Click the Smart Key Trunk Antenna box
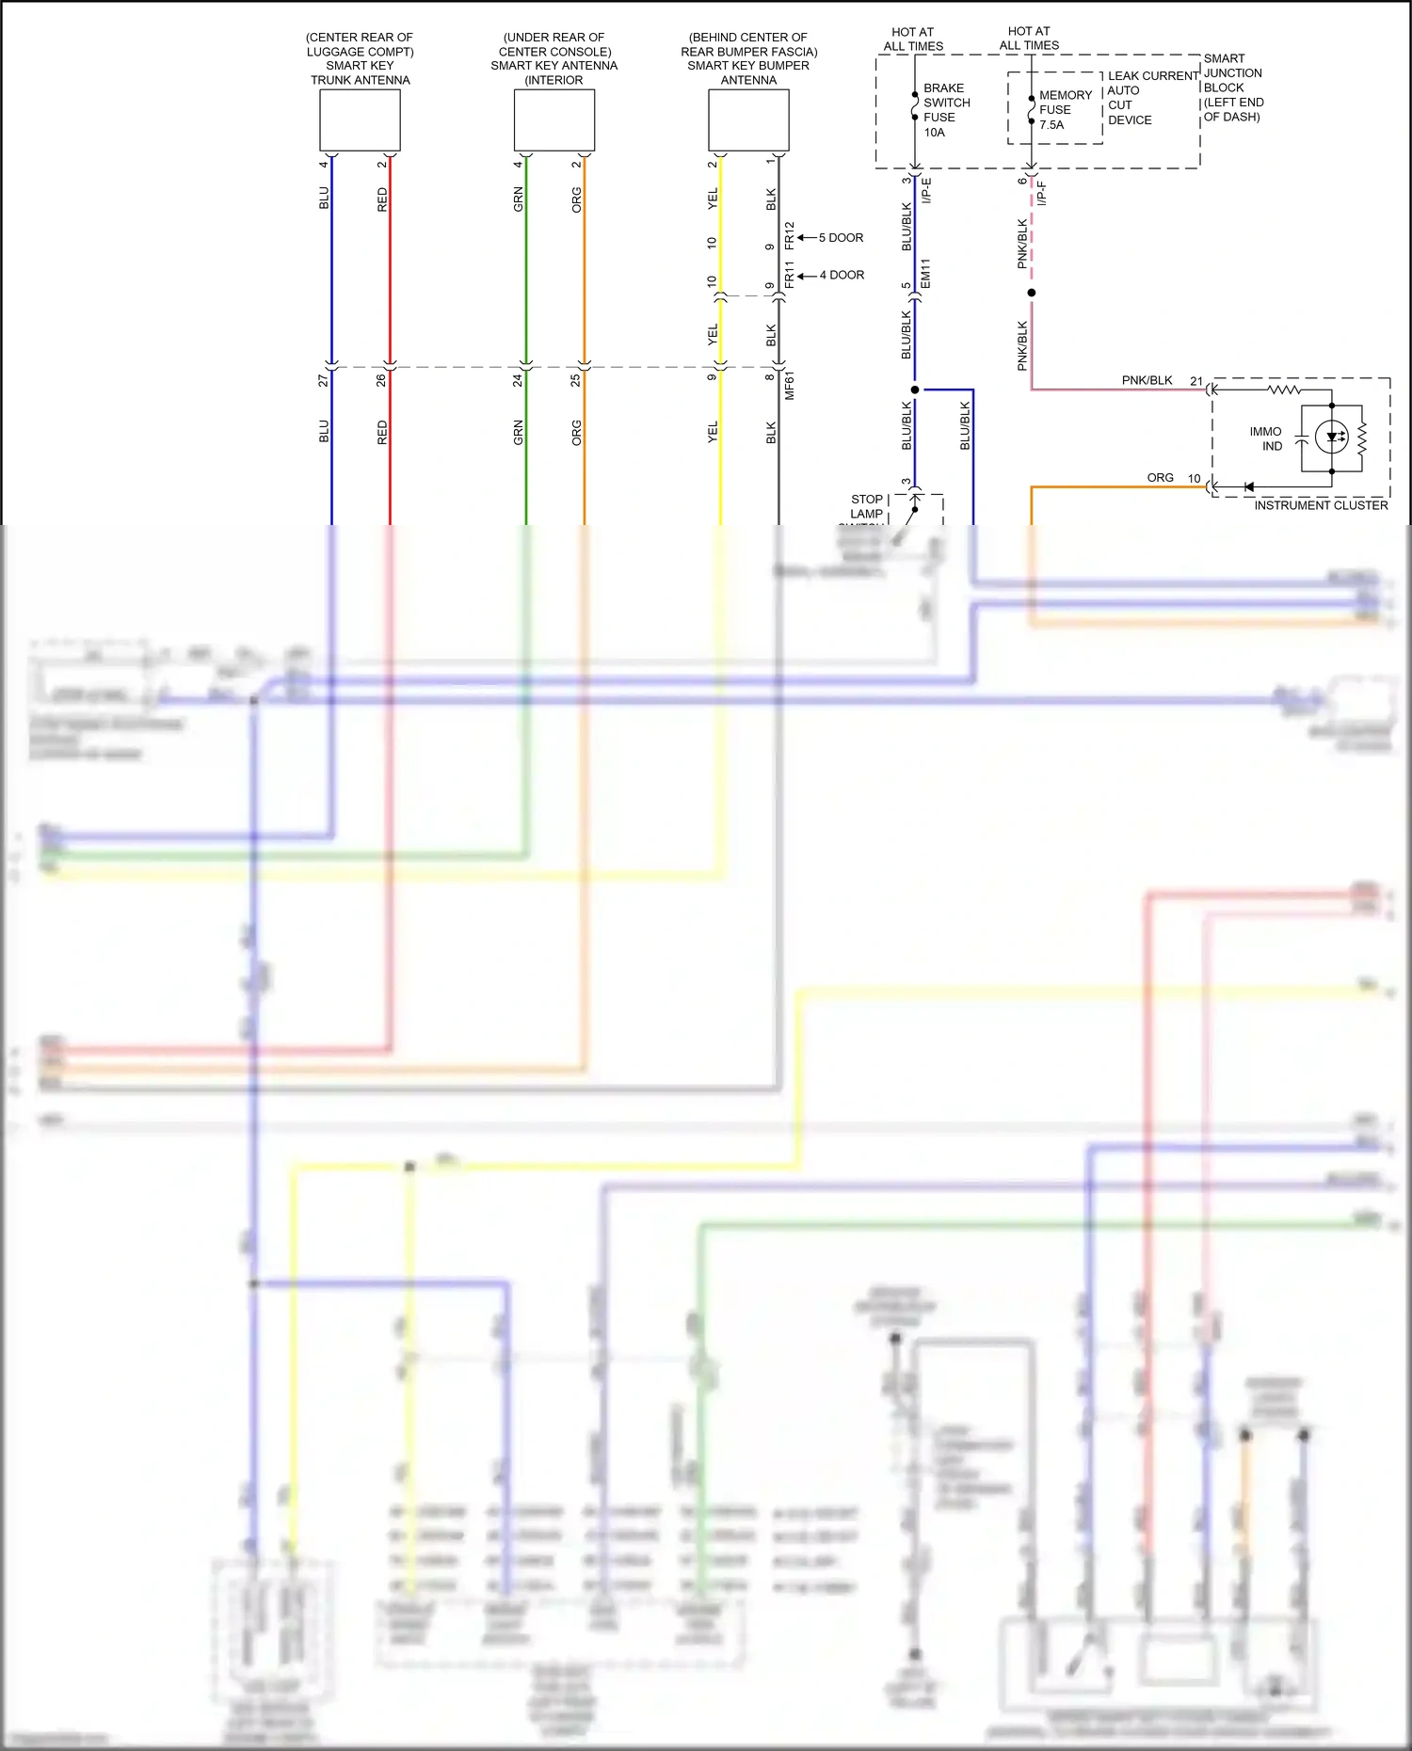pos(360,120)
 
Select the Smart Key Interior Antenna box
pos(554,120)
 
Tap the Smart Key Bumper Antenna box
pos(748,120)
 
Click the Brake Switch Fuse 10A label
pos(945,110)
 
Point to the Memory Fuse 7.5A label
pos(1064,110)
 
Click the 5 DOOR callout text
pos(841,238)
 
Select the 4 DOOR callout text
pos(842,275)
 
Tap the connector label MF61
pos(790,386)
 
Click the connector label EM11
pos(925,274)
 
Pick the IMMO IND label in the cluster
pos(1267,438)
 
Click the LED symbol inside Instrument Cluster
pos(1332,437)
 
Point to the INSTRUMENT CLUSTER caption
pos(1321,505)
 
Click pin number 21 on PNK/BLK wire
pos(1196,381)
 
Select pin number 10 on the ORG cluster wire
pos(1194,478)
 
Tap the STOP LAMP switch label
pos(867,506)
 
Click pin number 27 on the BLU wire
pos(323,380)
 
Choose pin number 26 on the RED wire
pos(381,380)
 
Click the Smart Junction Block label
pos(1233,88)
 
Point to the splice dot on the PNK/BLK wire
pos(1032,293)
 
